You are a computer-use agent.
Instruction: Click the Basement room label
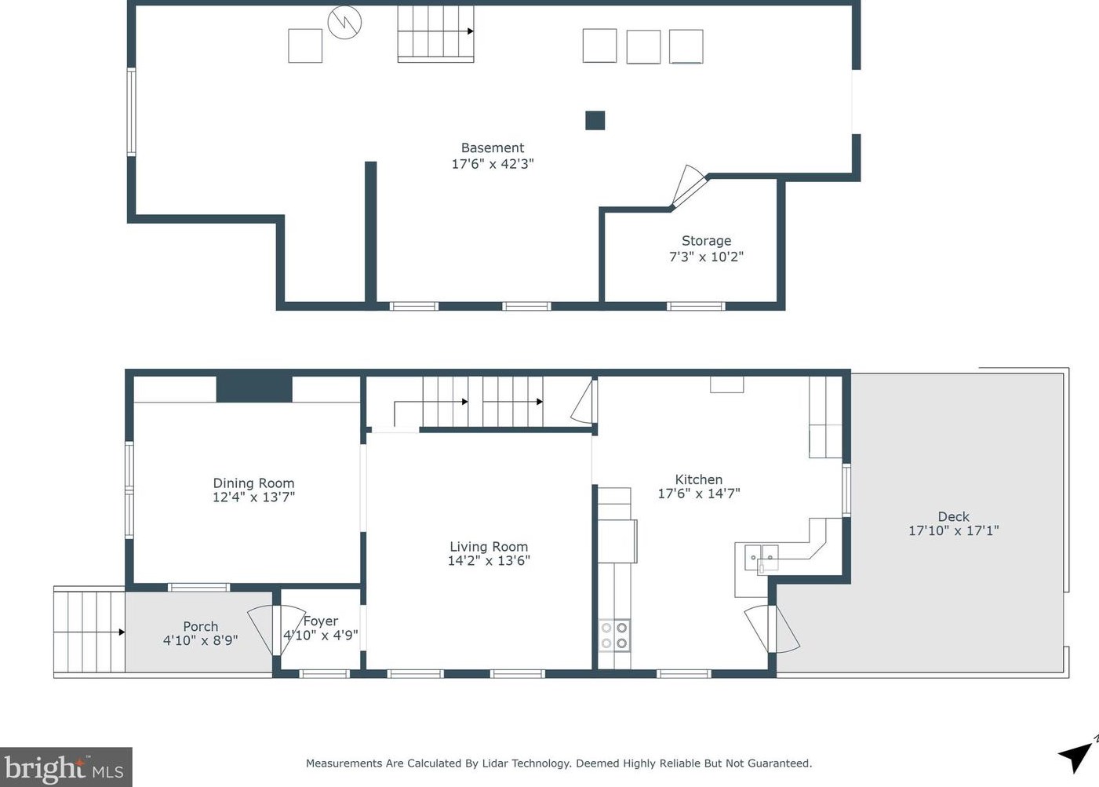point(493,148)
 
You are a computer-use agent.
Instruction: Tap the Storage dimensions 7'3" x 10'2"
point(707,257)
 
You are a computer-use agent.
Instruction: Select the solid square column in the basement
point(595,120)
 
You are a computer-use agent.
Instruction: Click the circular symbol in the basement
point(344,22)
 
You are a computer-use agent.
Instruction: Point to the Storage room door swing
point(689,185)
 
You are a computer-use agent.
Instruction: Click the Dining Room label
point(253,483)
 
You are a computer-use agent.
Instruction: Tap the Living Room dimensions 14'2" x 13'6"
point(489,560)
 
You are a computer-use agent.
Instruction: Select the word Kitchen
point(699,479)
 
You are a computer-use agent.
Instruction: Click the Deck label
point(953,516)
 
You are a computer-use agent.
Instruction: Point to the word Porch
point(200,627)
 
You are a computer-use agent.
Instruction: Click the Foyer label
point(321,621)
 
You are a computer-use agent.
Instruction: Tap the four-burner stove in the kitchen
point(614,636)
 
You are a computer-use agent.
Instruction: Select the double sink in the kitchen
point(762,558)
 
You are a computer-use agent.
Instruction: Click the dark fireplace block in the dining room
point(254,388)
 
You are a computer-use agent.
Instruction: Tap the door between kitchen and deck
point(772,629)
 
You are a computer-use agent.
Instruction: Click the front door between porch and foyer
point(276,630)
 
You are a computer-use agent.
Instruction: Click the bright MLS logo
point(66,767)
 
